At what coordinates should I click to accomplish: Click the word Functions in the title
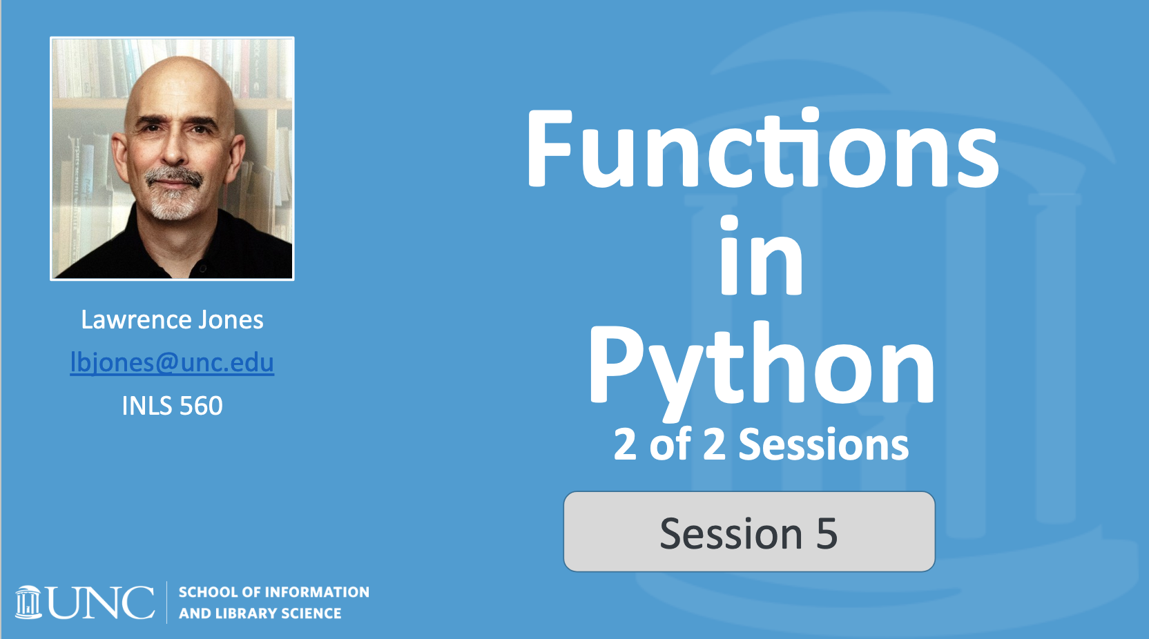coord(762,150)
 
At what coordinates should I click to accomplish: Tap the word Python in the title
coord(762,366)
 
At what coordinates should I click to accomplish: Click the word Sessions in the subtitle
coord(823,444)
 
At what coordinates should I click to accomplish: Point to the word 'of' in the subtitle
coord(670,444)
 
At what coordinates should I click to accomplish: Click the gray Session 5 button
coord(749,531)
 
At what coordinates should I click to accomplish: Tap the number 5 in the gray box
coord(827,533)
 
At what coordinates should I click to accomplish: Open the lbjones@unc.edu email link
coord(172,362)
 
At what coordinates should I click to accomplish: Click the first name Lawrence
coord(135,320)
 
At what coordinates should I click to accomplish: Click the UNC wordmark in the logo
coord(101,603)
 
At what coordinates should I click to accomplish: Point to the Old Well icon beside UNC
coord(28,602)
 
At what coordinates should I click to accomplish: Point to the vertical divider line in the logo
coord(167,602)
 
